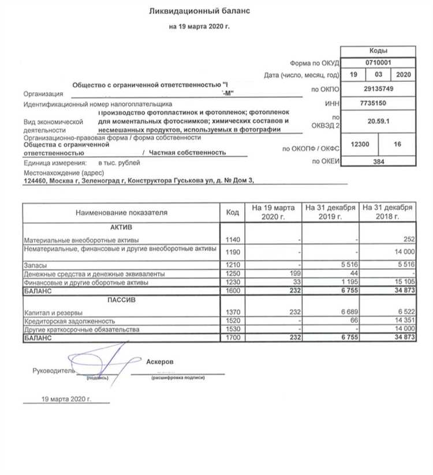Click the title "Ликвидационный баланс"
coord(199,11)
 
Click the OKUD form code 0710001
coord(378,62)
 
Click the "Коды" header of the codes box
coord(378,51)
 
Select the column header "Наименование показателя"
coord(121,212)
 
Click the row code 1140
coord(232,239)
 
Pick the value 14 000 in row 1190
coord(404,251)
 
